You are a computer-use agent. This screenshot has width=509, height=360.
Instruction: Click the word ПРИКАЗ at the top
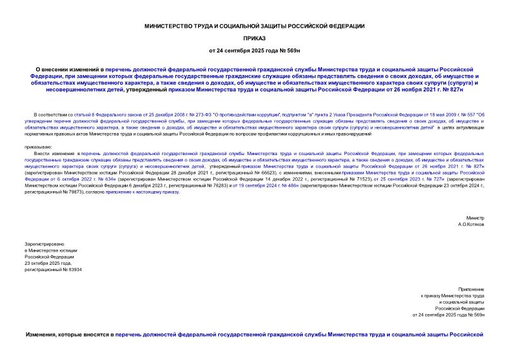(x=254, y=37)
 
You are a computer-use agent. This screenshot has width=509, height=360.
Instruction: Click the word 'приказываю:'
(x=38, y=147)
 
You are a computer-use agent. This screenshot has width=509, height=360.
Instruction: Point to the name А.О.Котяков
(x=471, y=207)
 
